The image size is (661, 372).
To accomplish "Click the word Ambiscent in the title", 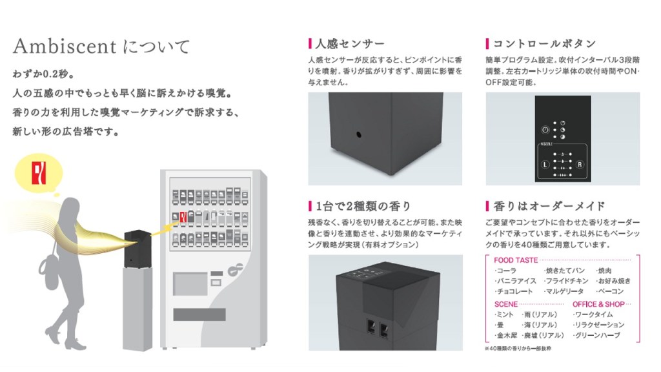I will click(64, 46).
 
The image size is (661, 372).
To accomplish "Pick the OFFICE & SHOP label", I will click(597, 304).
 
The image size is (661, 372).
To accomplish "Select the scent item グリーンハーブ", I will click(596, 336).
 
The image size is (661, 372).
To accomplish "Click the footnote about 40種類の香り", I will click(518, 348).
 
